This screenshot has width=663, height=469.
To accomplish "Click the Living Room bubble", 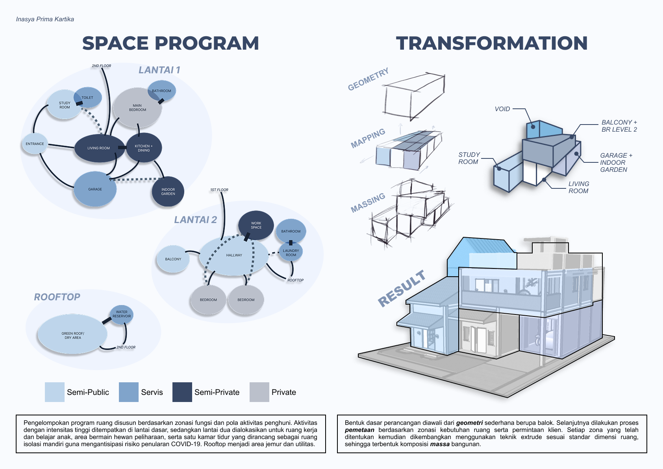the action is point(100,148).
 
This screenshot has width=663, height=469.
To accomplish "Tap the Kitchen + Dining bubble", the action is point(144,147).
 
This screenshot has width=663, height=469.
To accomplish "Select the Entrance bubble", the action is point(35,144).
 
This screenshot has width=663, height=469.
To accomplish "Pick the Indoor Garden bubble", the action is point(168,192).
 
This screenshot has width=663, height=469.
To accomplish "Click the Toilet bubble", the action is point(88,97).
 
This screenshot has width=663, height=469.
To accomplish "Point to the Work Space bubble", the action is point(256,225).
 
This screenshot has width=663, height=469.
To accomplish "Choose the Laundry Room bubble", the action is point(291,252).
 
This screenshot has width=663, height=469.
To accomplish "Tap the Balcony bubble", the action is point(173,259).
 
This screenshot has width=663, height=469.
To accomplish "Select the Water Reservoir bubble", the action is point(121,315).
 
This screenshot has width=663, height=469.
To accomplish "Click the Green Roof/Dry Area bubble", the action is point(72,334).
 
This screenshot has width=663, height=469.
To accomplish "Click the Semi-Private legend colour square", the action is point(182,392).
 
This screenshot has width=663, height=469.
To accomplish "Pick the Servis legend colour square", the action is point(128,392).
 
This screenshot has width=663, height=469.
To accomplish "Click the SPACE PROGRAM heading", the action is point(170,43).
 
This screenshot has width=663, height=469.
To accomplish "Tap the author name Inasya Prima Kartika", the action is point(45,19).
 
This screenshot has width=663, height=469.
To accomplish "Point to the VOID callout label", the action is point(502,109).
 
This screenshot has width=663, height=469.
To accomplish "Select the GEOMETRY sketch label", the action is point(368,79).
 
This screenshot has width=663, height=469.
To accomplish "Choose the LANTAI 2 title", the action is point(195,220).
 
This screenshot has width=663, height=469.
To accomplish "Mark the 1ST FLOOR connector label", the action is point(219,190).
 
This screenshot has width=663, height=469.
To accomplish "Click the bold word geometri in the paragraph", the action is point(469,423).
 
